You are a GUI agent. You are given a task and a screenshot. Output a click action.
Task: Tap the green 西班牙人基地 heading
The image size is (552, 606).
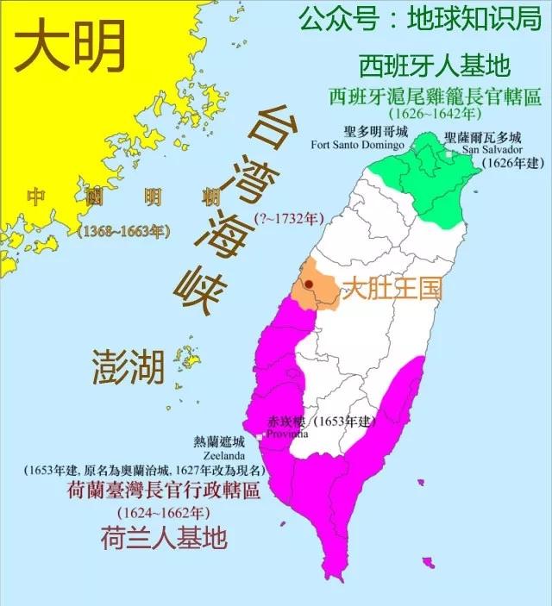pos(423,66)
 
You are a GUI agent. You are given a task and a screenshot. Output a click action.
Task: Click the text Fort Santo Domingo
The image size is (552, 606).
pos(357,145)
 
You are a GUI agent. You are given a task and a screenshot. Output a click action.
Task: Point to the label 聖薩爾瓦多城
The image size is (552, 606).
pos(483,137)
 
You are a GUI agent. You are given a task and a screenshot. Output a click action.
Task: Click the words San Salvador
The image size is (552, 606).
pos(492,148)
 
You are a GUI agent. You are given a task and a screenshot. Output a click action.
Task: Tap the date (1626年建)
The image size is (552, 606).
pos(511,161)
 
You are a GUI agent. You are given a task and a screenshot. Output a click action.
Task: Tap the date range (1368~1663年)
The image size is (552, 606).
pos(123,231)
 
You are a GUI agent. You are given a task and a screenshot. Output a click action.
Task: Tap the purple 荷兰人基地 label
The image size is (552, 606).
pos(164,538)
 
